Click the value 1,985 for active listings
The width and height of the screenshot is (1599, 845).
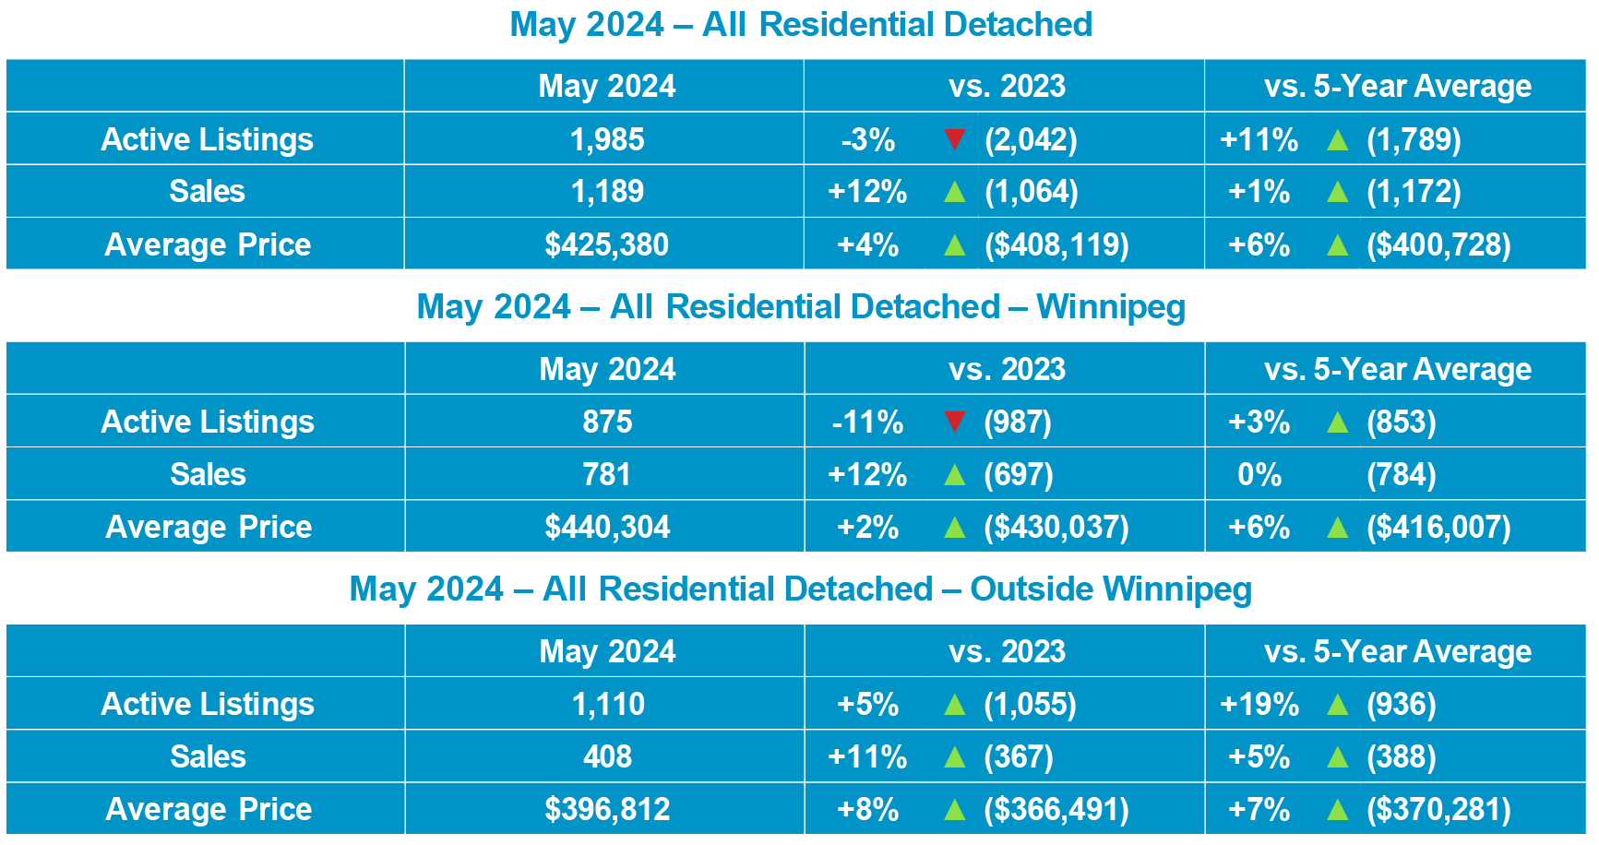606,139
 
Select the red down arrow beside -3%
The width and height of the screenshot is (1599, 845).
955,139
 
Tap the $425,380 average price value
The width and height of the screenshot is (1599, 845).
606,244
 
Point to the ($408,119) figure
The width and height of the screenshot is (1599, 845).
1056,244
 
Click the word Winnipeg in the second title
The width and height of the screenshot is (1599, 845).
1111,307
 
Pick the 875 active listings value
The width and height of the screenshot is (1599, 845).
606,422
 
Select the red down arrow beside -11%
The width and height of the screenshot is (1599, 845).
955,422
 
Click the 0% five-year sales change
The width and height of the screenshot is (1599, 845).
1259,474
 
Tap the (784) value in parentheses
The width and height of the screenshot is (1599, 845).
1401,474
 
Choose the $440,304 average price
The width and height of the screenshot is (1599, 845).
606,527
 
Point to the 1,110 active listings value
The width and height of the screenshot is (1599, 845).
608,704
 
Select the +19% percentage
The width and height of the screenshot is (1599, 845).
1259,704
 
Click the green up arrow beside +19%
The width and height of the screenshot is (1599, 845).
1337,705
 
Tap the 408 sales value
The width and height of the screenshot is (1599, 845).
607,756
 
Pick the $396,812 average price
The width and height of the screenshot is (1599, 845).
606,809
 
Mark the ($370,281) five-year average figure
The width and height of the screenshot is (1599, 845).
1438,809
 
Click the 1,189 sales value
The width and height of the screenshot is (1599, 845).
606,191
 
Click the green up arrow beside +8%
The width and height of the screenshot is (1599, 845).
955,810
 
